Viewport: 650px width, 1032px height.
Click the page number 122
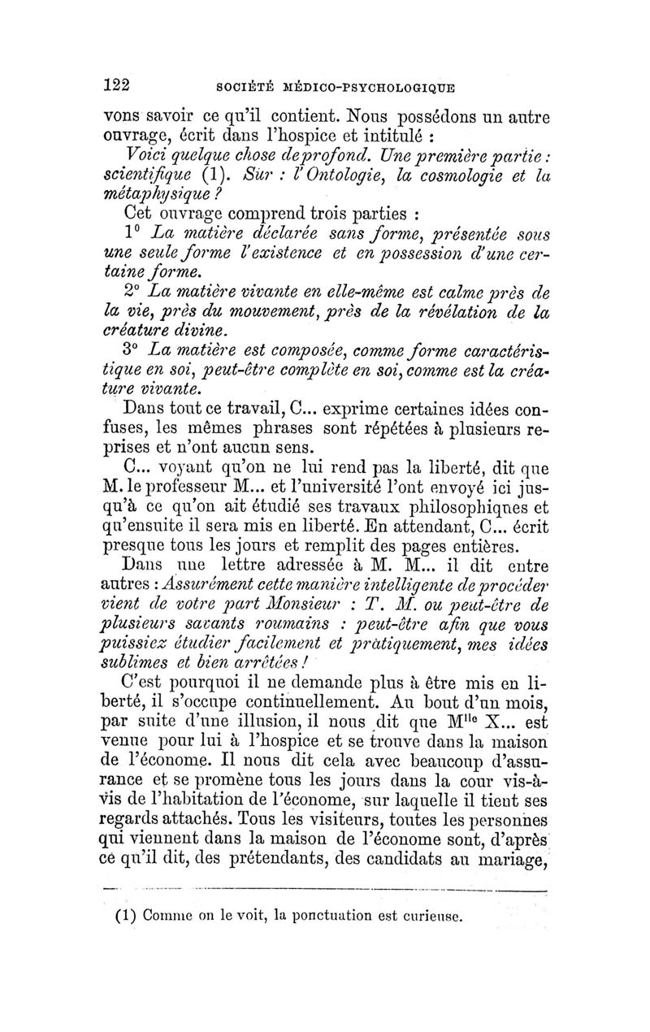(x=119, y=85)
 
